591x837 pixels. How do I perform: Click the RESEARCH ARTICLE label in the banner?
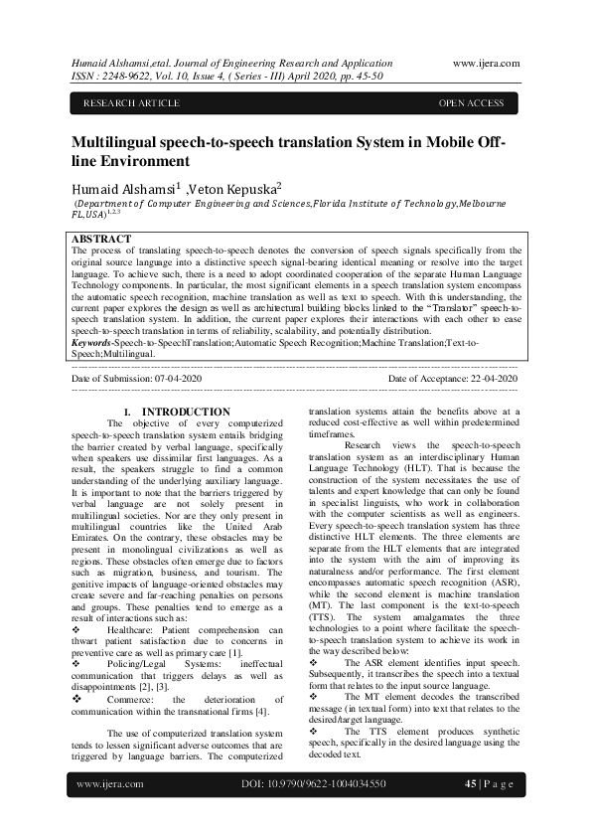[131, 103]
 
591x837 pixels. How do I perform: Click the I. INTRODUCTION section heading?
[176, 412]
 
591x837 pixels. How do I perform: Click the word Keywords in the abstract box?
[92, 341]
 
